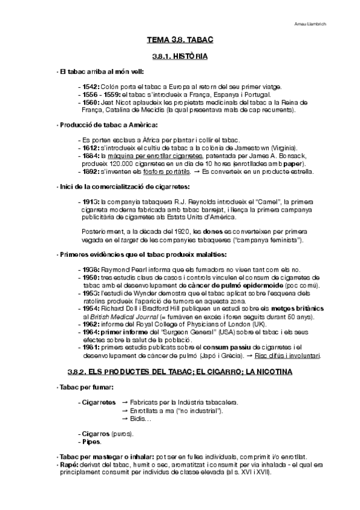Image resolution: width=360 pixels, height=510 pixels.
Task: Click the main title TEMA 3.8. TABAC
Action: [180, 40]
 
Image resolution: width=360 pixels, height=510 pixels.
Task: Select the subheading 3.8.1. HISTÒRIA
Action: [180, 57]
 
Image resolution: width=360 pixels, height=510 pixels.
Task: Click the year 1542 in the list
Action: [91, 87]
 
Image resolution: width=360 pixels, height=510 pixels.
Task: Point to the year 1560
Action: [91, 102]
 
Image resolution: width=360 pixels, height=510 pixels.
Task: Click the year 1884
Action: [91, 156]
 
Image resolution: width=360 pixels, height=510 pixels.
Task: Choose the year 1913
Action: [91, 201]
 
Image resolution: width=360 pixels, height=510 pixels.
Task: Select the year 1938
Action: [91, 270]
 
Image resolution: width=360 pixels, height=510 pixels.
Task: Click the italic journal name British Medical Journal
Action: [119, 316]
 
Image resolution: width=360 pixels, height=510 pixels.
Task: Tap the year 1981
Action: [91, 347]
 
